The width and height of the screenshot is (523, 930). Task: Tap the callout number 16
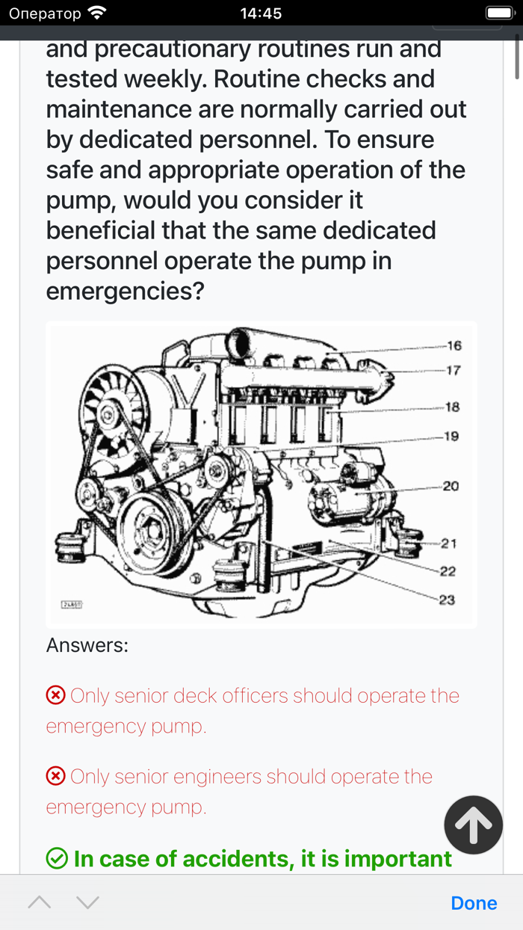tap(454, 345)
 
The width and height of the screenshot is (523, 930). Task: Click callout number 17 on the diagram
tap(454, 370)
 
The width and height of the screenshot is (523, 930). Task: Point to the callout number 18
tap(453, 407)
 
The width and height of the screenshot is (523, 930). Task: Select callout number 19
tap(451, 437)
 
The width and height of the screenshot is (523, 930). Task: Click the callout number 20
tap(451, 486)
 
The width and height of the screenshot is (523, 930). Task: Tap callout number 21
tap(449, 543)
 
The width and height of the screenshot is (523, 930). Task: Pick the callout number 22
tap(448, 572)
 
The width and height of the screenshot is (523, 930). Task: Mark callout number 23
tap(447, 600)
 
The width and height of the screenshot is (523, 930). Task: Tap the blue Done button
tap(474, 903)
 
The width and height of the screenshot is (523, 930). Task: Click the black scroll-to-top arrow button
tap(473, 825)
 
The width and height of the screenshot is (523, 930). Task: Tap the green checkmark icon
tap(57, 858)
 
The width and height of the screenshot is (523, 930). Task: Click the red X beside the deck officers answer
tap(55, 695)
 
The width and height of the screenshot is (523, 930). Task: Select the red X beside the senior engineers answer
tap(55, 777)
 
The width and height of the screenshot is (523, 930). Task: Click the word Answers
tap(87, 645)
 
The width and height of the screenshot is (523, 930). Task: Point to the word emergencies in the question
tap(125, 292)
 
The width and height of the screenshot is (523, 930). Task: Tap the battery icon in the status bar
tap(500, 13)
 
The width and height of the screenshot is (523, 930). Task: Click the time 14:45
tap(261, 13)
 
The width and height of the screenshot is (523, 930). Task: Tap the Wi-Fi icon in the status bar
tap(97, 13)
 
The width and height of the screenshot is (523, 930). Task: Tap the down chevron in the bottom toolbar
tap(87, 902)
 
